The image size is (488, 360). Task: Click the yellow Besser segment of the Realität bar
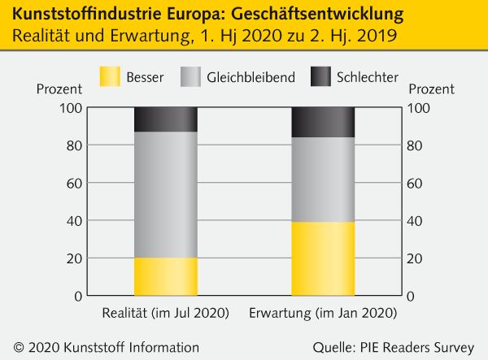pyautogui.click(x=165, y=276)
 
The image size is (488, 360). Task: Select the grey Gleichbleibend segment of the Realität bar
pyautogui.click(x=165, y=194)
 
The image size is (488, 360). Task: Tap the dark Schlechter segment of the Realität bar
pyautogui.click(x=165, y=119)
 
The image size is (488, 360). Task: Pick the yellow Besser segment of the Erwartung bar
pyautogui.click(x=323, y=258)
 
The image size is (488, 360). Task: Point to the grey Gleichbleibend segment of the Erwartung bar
pyautogui.click(x=323, y=180)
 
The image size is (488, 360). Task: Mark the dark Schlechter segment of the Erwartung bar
pyautogui.click(x=323, y=122)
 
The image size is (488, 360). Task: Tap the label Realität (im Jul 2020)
pyautogui.click(x=165, y=313)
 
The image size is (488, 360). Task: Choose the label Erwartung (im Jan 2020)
pyautogui.click(x=323, y=313)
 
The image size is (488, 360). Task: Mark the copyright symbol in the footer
pyautogui.click(x=18, y=347)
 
